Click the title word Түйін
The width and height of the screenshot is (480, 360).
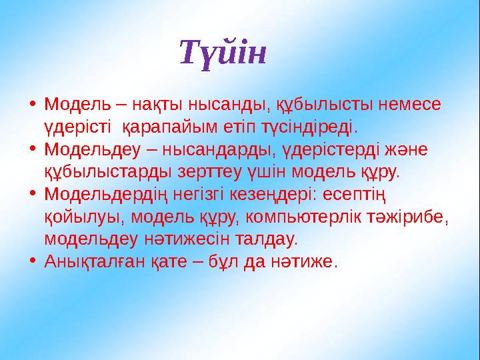click(x=223, y=53)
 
